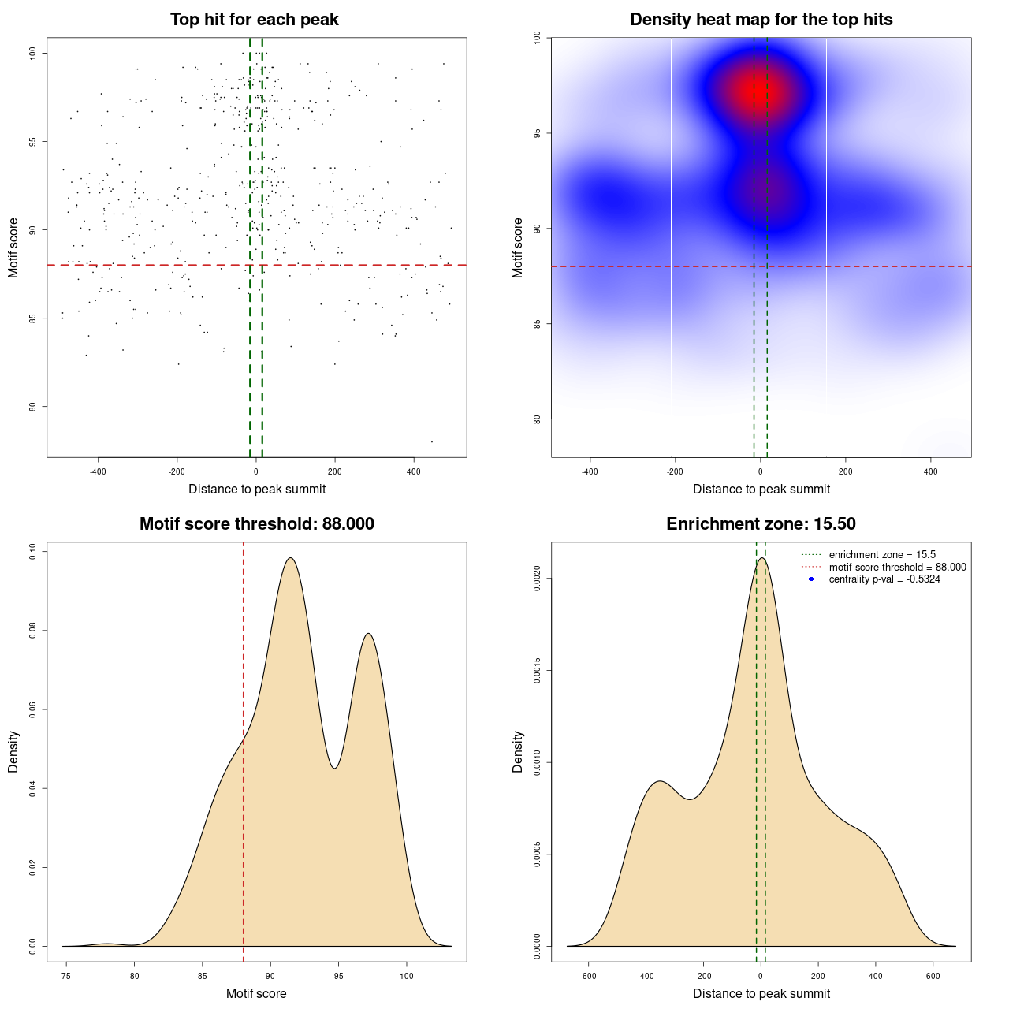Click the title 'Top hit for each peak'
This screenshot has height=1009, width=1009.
[254, 20]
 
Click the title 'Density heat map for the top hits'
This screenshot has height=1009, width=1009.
[761, 20]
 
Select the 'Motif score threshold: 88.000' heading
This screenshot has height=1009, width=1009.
[256, 524]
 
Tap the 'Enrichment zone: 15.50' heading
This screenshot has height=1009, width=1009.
[761, 524]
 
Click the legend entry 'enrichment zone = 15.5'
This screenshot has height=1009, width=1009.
[882, 555]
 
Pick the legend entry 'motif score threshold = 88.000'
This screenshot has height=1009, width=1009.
[897, 568]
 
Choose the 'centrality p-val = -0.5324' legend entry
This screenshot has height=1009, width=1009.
[884, 579]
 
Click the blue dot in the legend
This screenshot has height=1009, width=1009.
[811, 579]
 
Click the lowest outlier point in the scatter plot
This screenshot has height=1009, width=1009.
[431, 441]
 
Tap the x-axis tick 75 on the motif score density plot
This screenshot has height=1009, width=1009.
[66, 976]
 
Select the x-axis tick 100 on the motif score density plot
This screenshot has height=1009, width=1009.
[407, 976]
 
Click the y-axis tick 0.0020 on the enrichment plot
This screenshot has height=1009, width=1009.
[537, 579]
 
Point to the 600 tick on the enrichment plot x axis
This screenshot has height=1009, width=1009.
[933, 976]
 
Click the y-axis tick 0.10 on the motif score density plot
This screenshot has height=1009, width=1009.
[32, 552]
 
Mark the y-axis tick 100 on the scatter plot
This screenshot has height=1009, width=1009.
[32, 53]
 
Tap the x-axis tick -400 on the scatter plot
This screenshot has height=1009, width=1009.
[98, 471]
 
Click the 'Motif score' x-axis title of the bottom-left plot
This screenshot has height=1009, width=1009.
[256, 993]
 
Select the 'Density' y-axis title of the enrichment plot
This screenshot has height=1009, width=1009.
[518, 751]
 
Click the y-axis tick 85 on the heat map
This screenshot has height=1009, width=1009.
[537, 324]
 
